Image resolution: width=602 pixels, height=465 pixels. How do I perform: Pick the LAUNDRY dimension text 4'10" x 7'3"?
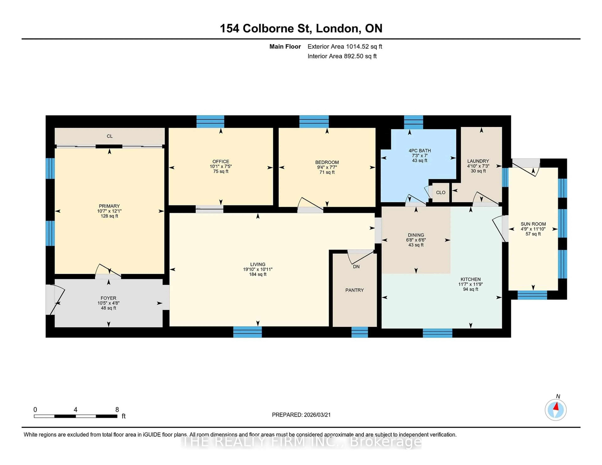pos(478,166)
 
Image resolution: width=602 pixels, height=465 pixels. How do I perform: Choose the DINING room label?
pos(416,235)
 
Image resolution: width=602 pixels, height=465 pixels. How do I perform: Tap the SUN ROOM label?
pos(533,224)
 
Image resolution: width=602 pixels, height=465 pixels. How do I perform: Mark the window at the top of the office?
pos(210,121)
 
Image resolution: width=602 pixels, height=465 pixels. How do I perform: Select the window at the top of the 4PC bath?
pos(413,122)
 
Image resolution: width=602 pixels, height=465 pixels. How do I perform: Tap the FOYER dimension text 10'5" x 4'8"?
pos(108,303)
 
